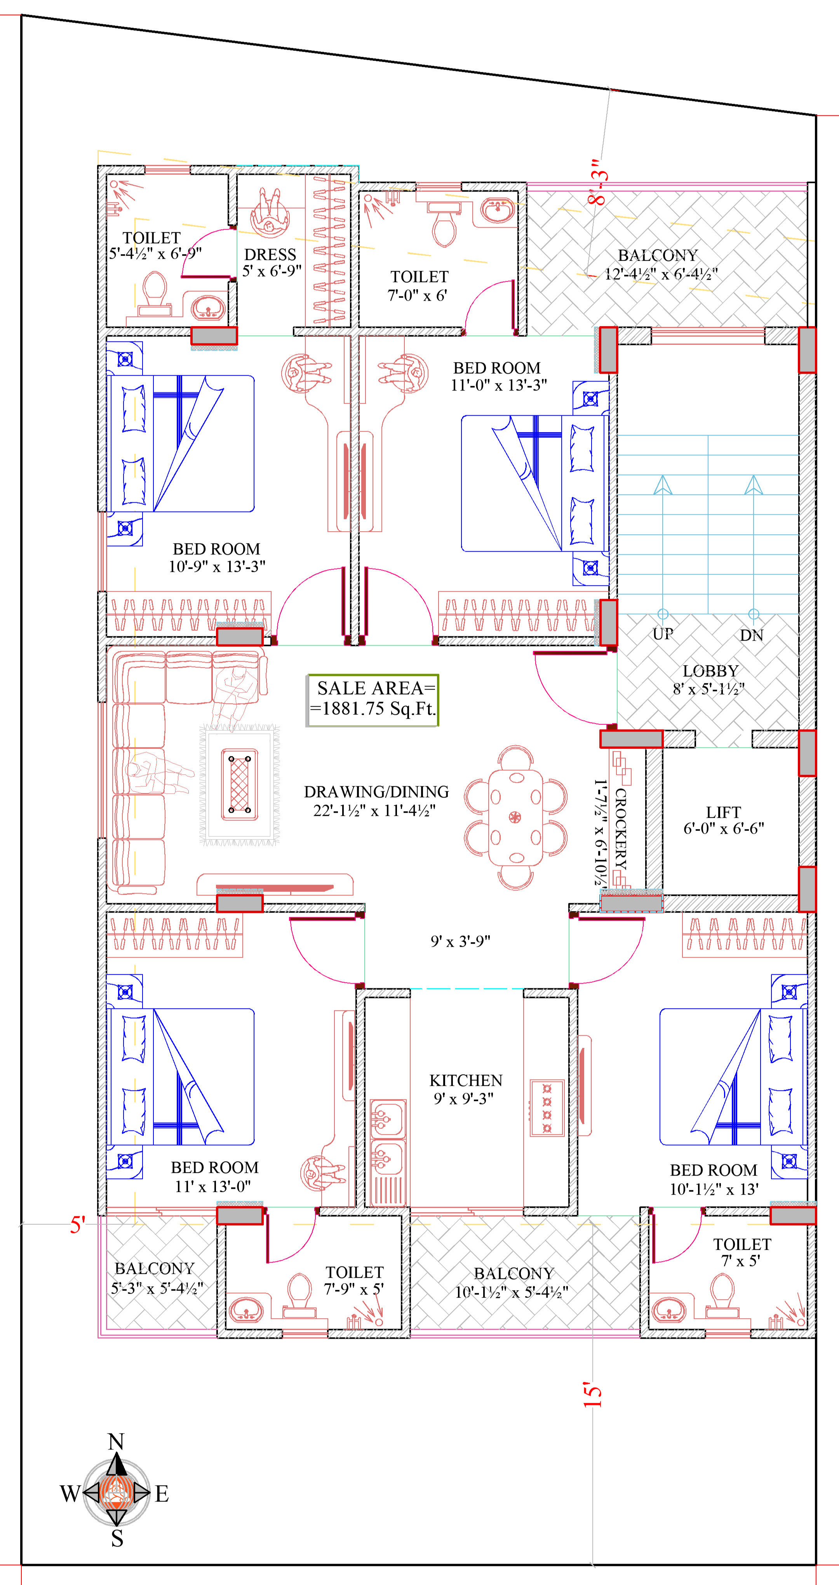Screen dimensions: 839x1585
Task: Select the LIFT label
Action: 723,812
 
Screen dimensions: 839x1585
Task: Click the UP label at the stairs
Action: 663,634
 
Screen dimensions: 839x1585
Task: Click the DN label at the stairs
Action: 752,635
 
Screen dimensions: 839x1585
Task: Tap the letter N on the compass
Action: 116,1442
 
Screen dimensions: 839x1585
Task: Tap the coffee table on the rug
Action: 239,784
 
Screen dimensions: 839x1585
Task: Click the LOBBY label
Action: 710,671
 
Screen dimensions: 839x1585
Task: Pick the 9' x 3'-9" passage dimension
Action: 460,941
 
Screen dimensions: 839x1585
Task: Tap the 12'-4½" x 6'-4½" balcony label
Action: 661,274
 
